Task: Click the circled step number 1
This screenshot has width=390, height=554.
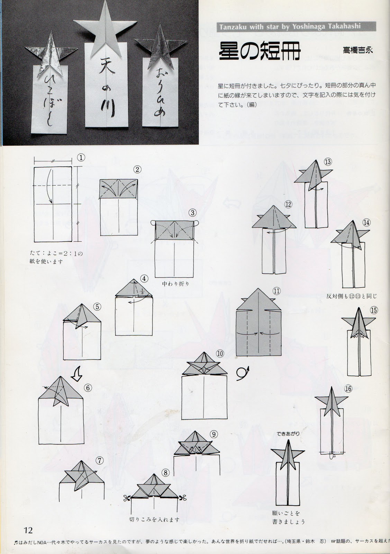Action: point(81,158)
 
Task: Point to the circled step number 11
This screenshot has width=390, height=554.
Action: point(276,291)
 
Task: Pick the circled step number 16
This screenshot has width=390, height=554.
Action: point(348,389)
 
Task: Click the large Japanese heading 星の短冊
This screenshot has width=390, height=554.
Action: point(260,52)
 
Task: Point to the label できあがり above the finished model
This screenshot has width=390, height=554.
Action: point(285,433)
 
